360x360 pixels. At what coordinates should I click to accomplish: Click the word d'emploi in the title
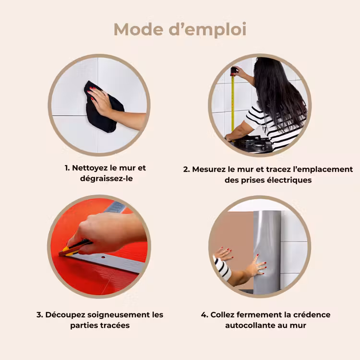[x=207, y=30]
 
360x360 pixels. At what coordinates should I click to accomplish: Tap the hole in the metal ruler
[x=103, y=257]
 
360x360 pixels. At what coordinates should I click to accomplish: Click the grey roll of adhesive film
[x=267, y=252]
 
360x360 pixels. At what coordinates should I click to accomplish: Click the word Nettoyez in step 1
[x=90, y=168]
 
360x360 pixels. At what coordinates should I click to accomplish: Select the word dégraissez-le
[x=106, y=179]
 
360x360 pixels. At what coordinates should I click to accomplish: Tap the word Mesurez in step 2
[x=209, y=169]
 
